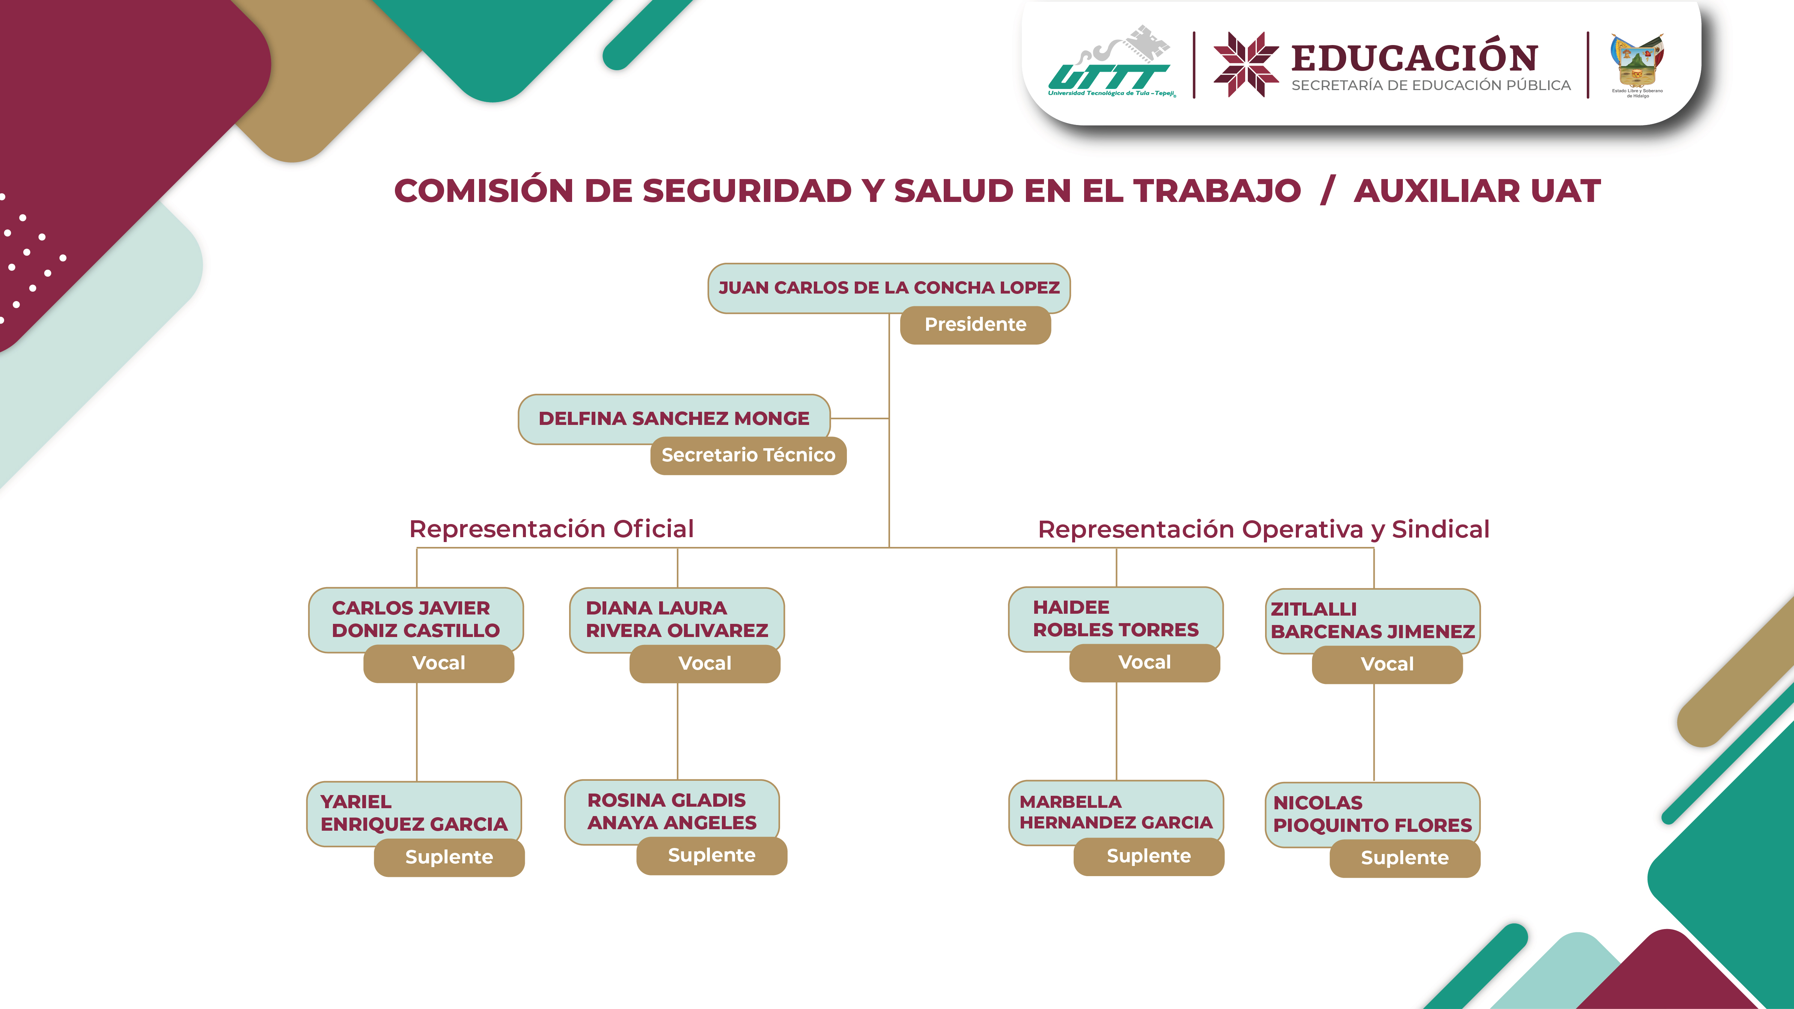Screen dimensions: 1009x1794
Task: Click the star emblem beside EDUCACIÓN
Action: [1246, 64]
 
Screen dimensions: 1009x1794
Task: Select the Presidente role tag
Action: [975, 324]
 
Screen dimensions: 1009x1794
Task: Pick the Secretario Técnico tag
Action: [748, 455]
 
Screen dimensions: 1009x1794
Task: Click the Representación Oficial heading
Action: [551, 529]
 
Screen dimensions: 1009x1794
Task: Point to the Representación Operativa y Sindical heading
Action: [1262, 529]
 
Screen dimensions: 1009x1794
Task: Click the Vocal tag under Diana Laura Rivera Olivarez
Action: [705, 664]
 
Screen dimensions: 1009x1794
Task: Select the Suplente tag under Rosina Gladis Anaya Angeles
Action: [711, 856]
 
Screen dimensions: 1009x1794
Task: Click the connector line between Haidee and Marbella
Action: [1116, 731]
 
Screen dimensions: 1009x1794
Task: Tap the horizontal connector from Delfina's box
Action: [859, 419]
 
